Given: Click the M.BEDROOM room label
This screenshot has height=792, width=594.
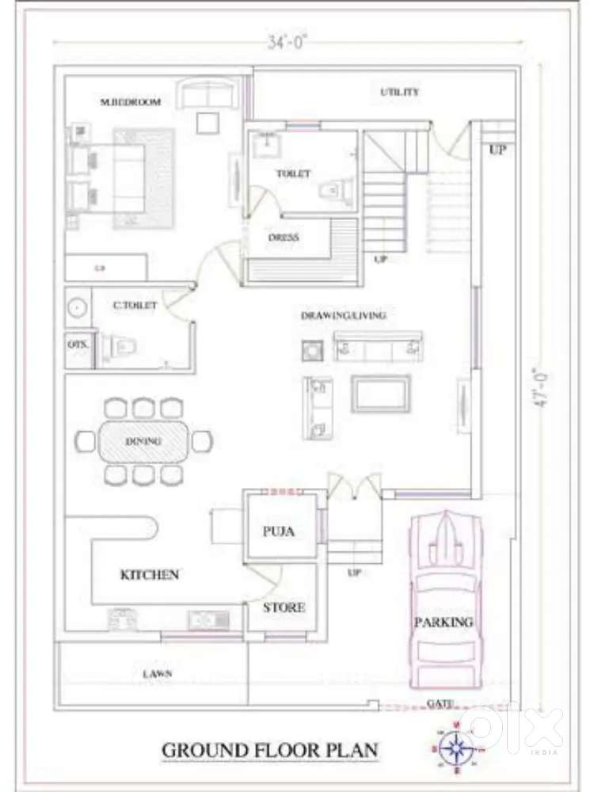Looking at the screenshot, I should tap(131, 102).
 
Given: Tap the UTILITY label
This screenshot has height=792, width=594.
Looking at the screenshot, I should tap(400, 92).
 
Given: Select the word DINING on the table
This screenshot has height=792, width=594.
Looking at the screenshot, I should tap(143, 440).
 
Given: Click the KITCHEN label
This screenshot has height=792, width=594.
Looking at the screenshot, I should tap(150, 574).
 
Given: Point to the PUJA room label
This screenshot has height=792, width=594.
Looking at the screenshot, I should tap(279, 531).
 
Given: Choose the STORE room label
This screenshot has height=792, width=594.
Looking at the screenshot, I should tap(284, 607).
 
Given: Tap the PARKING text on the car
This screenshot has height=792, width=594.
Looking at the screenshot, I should tap(444, 622).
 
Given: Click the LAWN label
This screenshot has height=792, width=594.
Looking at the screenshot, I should tap(158, 673).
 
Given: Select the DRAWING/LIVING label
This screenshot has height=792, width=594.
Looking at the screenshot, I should tap(344, 315).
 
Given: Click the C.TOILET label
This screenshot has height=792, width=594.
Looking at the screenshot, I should tap(135, 304).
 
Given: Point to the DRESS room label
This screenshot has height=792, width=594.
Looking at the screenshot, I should tap(284, 237).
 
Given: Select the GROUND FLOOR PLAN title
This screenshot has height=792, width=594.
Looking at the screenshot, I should tap(270, 749).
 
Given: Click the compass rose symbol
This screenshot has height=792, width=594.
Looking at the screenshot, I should tap(456, 747).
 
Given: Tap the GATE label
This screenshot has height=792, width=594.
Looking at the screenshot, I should tap(440, 703).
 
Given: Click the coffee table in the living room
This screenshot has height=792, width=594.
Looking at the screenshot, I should tap(382, 394).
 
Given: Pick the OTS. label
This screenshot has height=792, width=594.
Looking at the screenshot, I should tap(78, 345).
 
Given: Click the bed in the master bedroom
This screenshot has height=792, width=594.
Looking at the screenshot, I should tap(123, 177).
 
